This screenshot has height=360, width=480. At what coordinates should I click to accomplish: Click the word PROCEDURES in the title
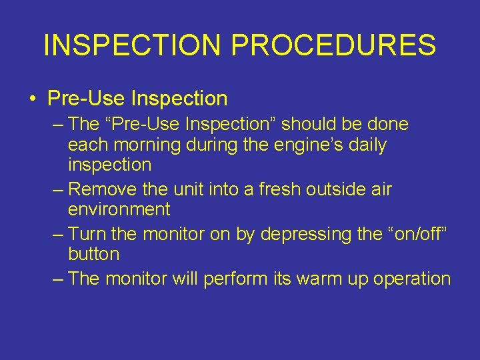click(x=331, y=45)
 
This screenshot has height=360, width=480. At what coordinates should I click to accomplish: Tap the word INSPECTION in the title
click(x=131, y=45)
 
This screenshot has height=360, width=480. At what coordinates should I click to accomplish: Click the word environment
click(x=119, y=209)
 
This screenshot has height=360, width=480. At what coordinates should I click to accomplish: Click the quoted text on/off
click(x=419, y=234)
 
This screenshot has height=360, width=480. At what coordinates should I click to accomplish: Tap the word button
click(x=93, y=254)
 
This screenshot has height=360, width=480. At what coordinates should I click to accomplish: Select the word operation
click(x=412, y=279)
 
